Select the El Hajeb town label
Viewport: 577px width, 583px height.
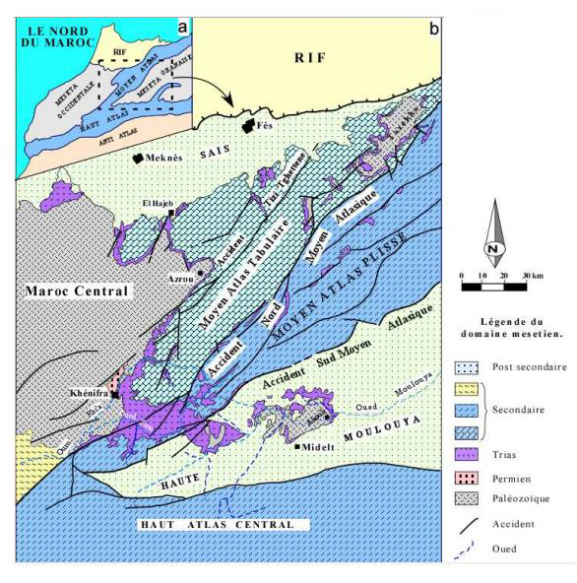(154, 204)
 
